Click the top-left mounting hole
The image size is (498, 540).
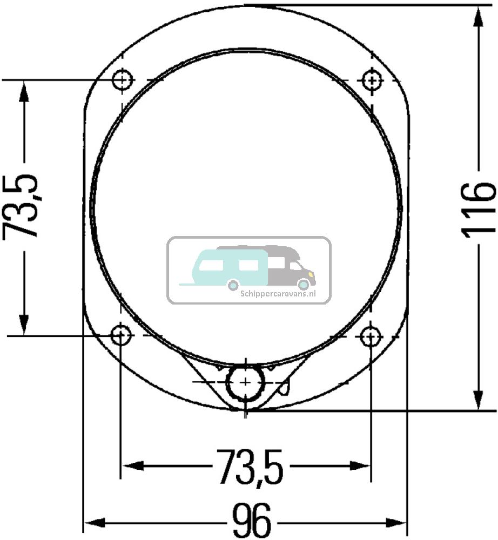coord(123,80)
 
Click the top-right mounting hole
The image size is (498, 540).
coord(372,80)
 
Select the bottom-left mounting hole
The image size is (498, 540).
coord(121,336)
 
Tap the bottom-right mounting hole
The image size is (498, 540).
coord(371,337)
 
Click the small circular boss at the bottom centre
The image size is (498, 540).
coord(245,382)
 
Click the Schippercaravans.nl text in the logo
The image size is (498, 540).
coord(277,294)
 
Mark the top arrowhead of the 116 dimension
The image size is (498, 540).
coord(479,16)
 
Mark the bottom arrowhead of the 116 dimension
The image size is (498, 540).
coord(479,400)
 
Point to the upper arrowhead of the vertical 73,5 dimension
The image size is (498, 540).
coord(23,92)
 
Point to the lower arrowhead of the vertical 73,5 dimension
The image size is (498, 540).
coord(23,324)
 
